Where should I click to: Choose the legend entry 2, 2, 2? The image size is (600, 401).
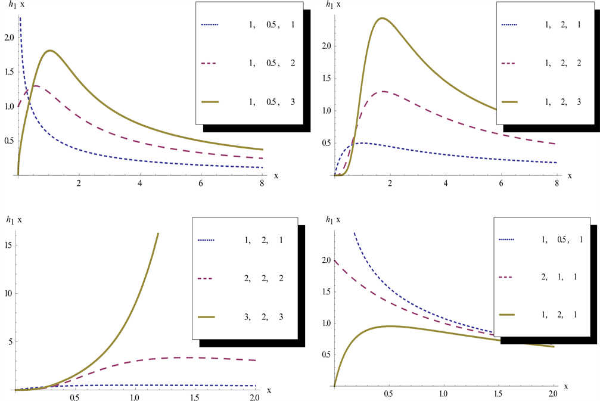(x=262, y=278)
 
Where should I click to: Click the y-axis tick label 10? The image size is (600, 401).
(x=10, y=293)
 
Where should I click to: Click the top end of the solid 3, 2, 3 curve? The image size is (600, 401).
(x=158, y=234)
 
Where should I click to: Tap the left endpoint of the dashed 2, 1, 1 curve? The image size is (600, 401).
(x=335, y=260)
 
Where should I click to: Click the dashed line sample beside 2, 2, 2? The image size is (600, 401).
(x=205, y=278)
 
